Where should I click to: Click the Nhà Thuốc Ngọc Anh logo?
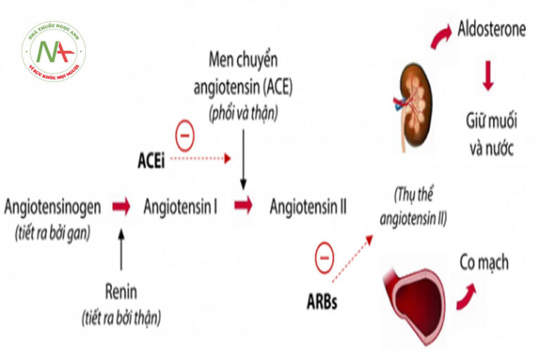tap(53, 51)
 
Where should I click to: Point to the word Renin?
tap(121, 292)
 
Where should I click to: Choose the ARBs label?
tap(321, 304)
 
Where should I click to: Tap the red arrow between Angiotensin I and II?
tap(243, 206)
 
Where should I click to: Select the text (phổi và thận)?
tap(243, 112)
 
